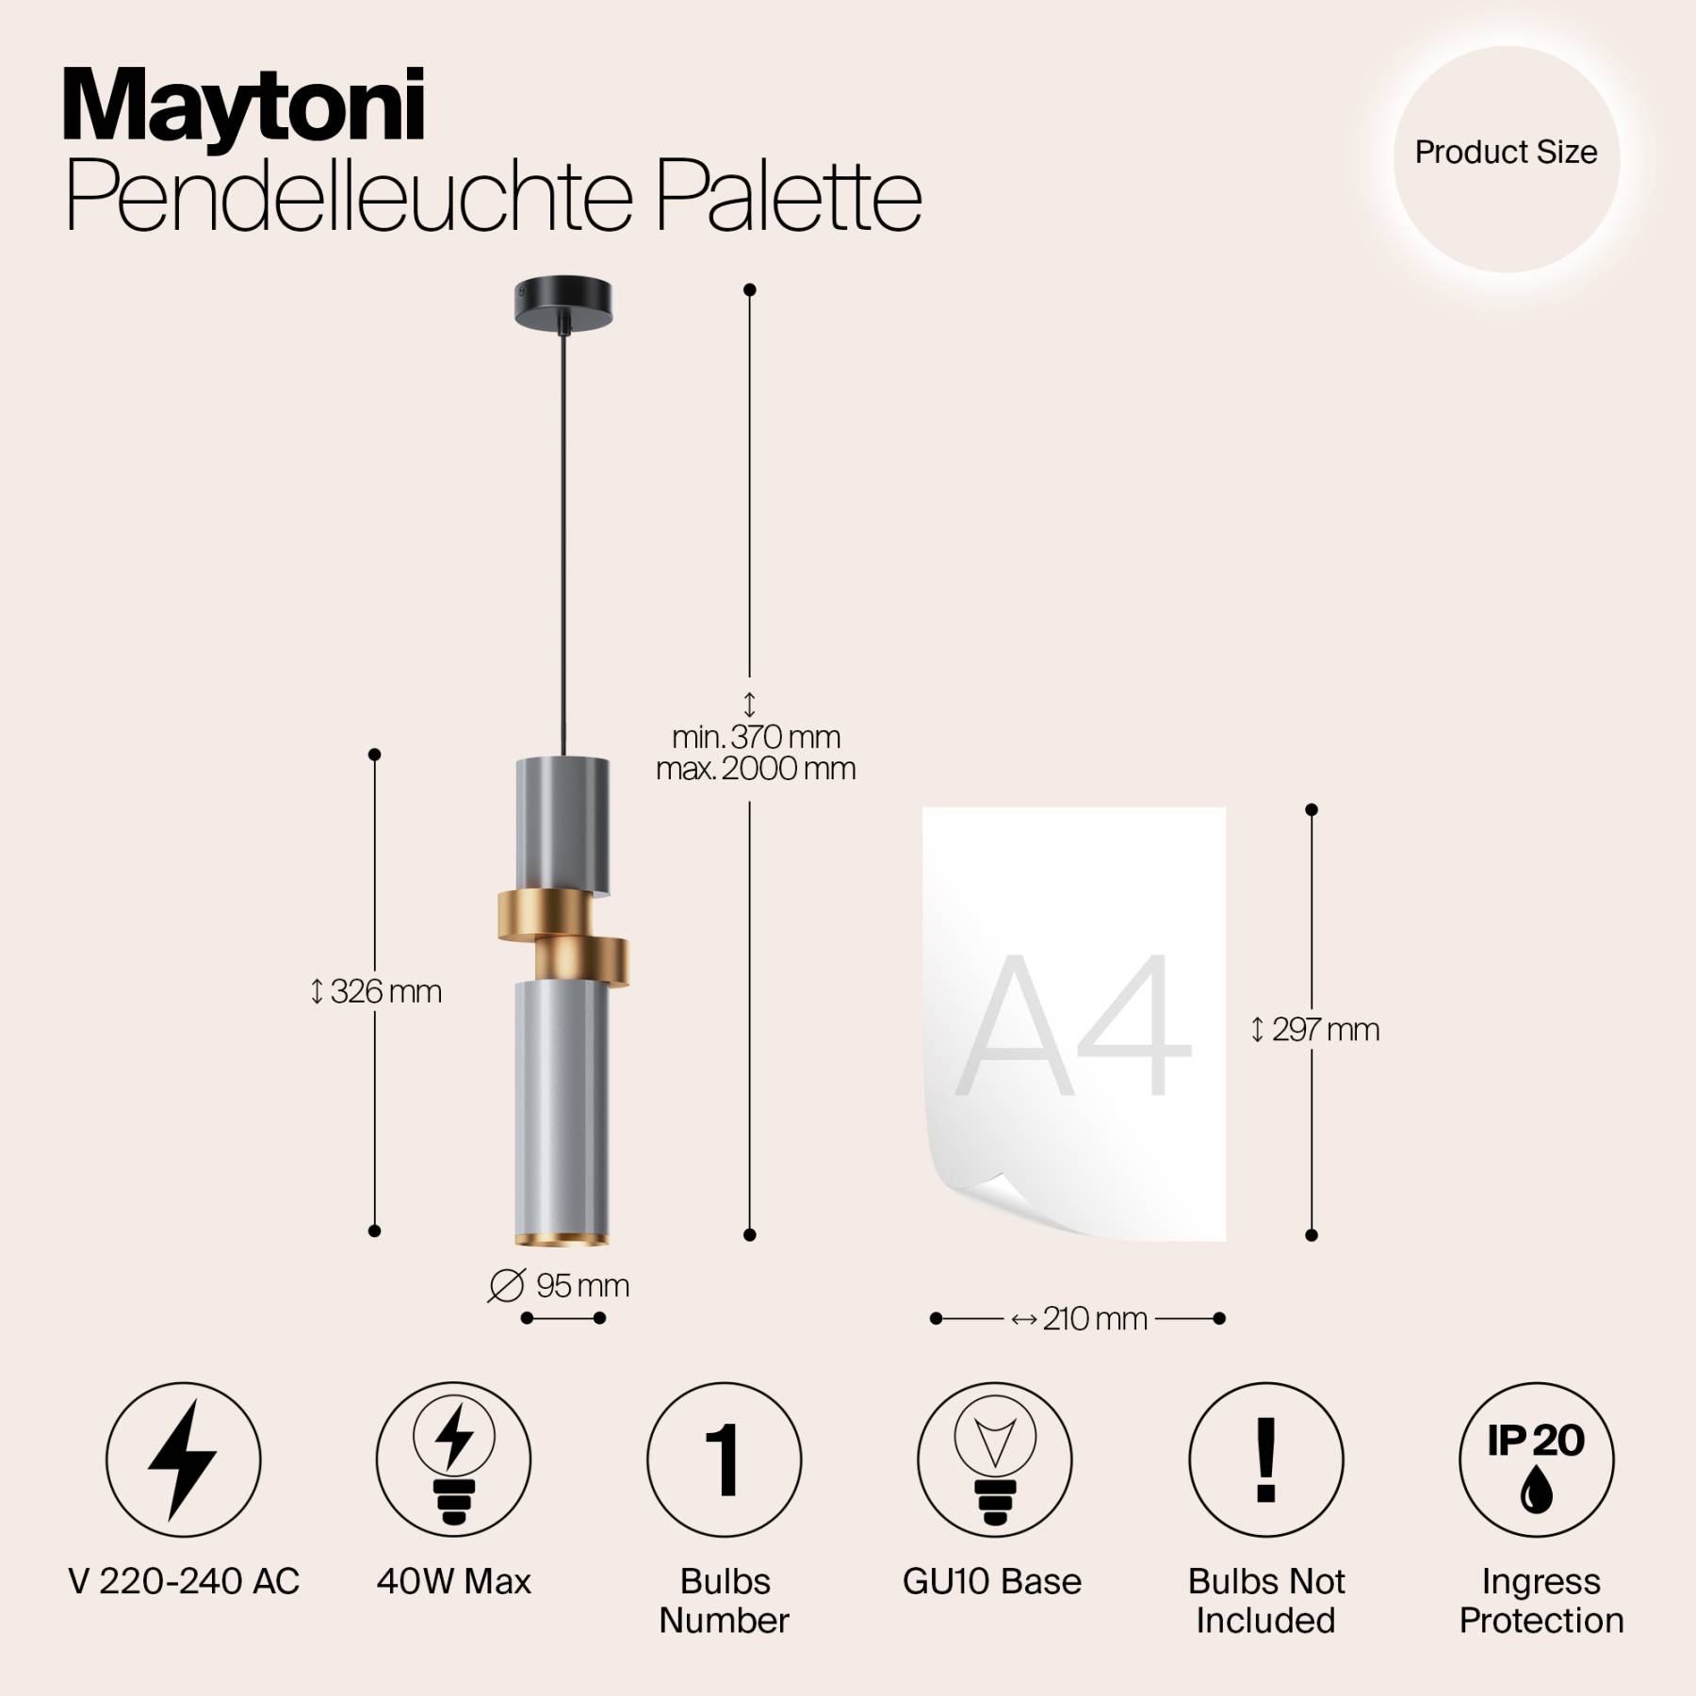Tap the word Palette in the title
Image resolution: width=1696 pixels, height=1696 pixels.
point(789,198)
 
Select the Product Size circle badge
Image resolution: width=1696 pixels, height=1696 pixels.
point(1507,159)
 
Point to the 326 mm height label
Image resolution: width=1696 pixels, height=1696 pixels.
point(376,991)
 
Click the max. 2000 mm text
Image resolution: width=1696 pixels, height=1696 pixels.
point(756,769)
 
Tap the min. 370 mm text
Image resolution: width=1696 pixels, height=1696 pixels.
point(756,737)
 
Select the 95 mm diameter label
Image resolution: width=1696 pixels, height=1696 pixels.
point(559,1285)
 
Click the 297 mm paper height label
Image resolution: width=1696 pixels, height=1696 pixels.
point(1315,1030)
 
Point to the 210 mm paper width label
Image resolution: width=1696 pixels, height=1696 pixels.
point(1080,1318)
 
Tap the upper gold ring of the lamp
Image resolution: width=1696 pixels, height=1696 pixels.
point(546,914)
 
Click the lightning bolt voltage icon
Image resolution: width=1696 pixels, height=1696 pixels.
point(183,1460)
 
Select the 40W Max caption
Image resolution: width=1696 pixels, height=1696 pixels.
point(454,1581)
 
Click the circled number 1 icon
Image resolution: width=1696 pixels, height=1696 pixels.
point(724,1460)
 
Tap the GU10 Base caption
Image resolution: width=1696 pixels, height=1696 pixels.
point(992,1581)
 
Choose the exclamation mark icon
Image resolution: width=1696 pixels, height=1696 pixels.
point(1266,1460)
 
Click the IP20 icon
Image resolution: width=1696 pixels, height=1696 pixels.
point(1536,1460)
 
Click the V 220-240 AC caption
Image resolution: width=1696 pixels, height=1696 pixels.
point(184,1581)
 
